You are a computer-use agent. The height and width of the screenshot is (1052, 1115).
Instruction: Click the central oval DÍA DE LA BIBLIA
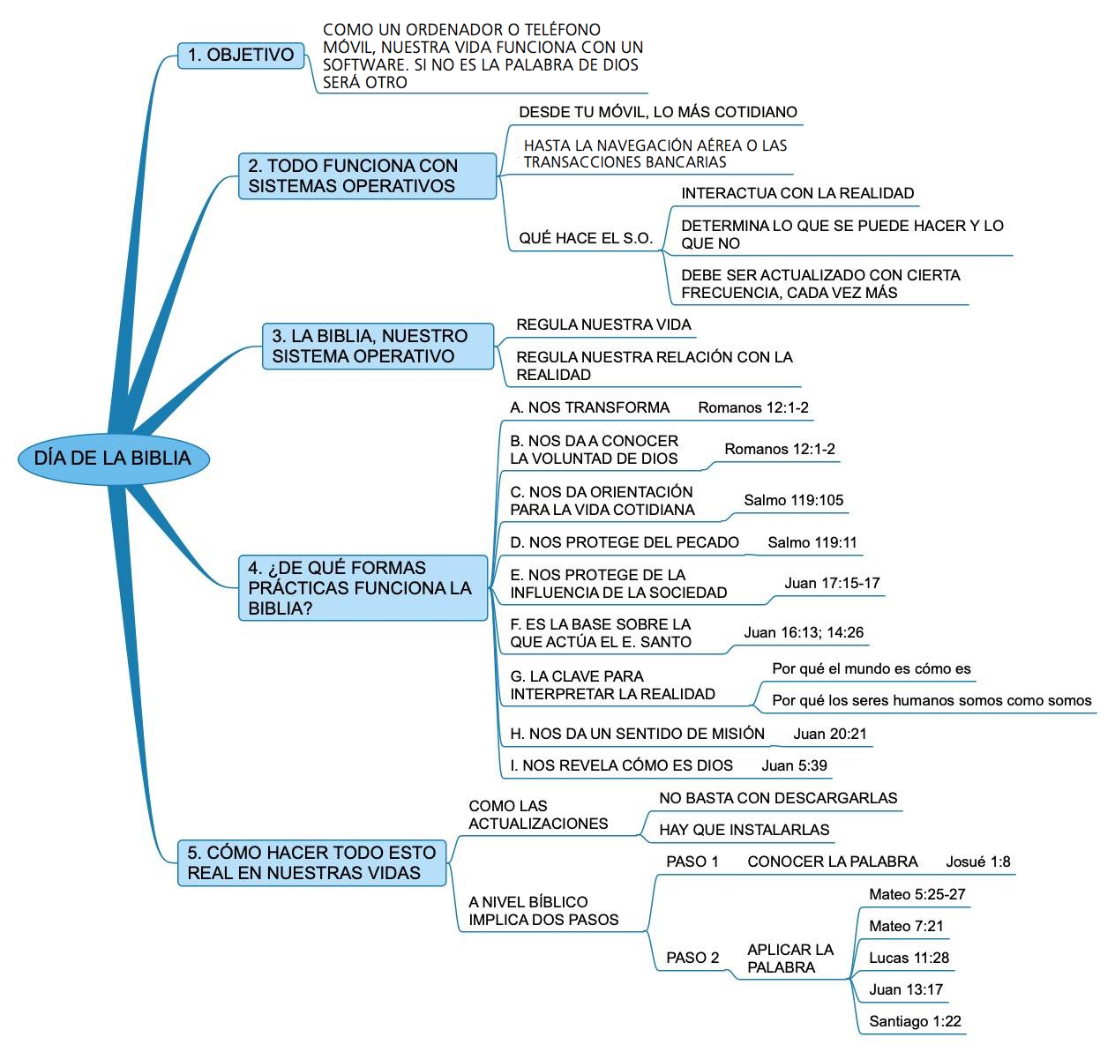114,459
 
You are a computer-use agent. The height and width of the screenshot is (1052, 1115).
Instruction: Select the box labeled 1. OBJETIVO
241,55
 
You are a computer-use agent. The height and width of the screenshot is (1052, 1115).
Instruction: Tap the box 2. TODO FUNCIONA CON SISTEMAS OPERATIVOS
367,175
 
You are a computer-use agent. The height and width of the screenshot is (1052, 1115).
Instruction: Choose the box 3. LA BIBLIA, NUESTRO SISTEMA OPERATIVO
378,346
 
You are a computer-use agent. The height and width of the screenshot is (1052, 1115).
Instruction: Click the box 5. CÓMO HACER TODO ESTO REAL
311,862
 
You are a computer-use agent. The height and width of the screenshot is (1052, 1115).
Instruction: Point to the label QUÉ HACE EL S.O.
586,238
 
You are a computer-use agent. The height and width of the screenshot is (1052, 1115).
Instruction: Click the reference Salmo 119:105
793,500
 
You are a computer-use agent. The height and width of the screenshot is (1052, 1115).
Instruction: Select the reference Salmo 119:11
812,542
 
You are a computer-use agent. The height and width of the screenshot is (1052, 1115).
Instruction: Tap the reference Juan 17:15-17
832,583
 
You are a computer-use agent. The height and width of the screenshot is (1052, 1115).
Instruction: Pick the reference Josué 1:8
977,862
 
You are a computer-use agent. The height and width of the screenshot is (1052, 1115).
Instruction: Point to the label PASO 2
692,957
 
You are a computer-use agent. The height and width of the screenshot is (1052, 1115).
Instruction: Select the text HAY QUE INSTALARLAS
744,829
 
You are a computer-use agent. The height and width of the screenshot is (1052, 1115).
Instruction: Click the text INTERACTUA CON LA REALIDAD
797,193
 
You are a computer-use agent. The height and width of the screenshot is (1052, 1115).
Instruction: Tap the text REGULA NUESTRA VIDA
603,325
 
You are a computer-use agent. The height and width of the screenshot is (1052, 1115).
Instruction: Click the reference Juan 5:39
794,765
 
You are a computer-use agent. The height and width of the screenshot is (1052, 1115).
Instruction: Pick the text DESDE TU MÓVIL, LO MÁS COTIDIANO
657,112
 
